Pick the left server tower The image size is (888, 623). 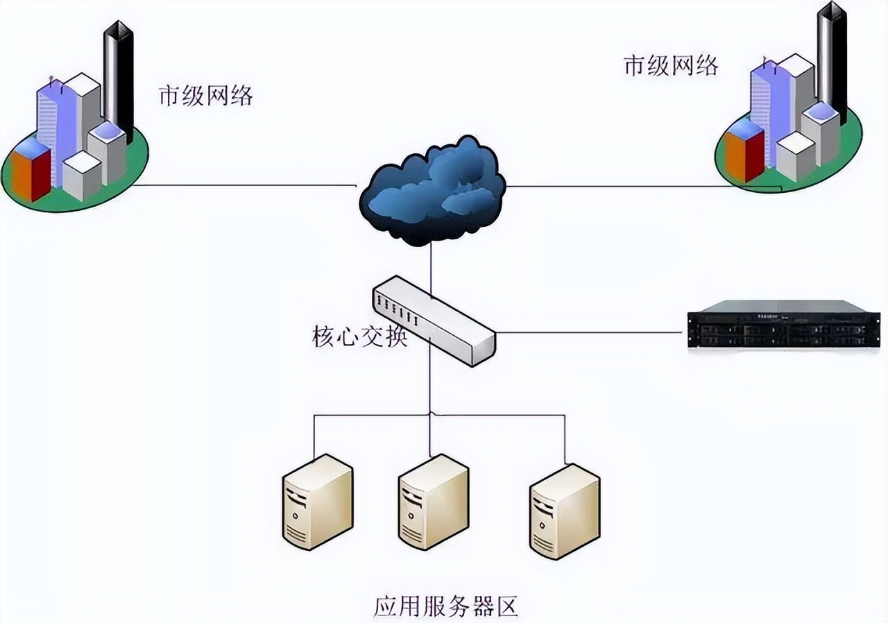[x=317, y=502]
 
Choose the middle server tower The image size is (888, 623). [x=433, y=502]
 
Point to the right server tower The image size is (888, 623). [x=564, y=511]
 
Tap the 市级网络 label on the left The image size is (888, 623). [x=206, y=96]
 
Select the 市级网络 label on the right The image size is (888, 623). [x=671, y=66]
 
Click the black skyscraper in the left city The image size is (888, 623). [x=119, y=76]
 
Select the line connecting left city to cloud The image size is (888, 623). [x=243, y=185]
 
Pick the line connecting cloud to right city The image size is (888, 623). [x=610, y=186]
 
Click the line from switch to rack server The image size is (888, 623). [x=590, y=332]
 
